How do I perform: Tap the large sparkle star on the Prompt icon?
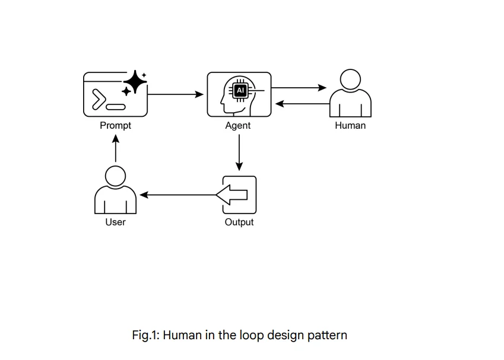[135, 81]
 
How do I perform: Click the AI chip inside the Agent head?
[240, 90]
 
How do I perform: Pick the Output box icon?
[239, 195]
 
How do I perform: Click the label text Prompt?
[115, 126]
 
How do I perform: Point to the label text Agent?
[238, 126]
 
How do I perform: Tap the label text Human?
[350, 126]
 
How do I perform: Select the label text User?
[115, 222]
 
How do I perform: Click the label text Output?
[239, 222]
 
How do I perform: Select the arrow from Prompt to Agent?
[175, 94]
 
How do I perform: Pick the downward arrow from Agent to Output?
[239, 152]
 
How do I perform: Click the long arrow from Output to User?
[178, 195]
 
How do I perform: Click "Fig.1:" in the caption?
[145, 335]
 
